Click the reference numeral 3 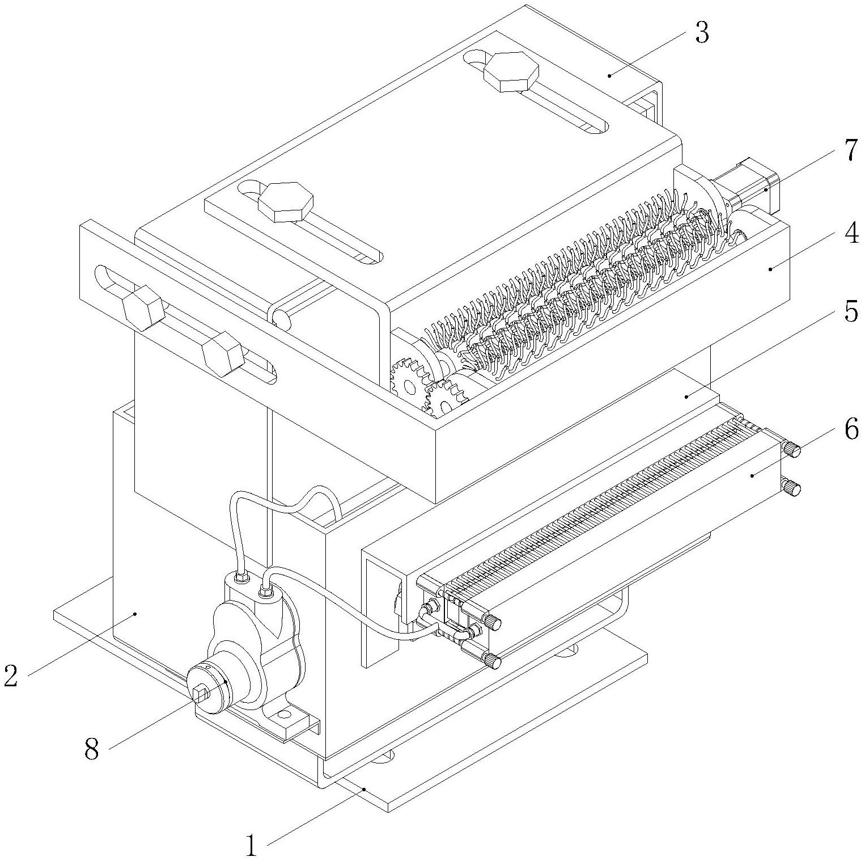click(x=701, y=34)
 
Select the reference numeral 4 click(x=850, y=234)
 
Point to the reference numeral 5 click(x=850, y=311)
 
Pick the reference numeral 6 click(x=851, y=430)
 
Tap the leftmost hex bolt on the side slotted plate click(x=143, y=306)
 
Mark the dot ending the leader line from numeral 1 click(x=364, y=788)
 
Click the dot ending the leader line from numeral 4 click(x=770, y=269)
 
